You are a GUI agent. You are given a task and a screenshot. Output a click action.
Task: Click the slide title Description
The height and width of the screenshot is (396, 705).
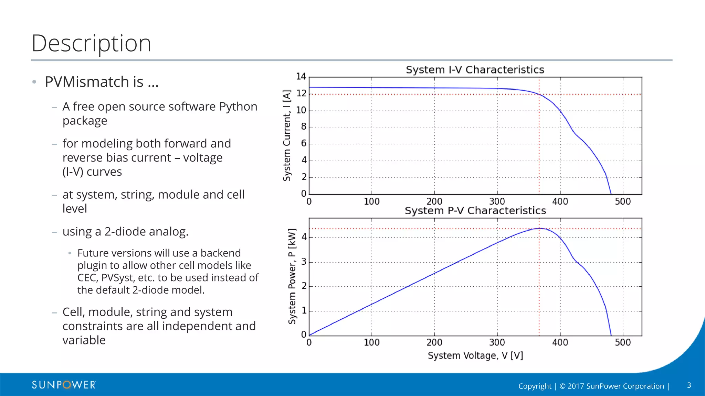point(91,44)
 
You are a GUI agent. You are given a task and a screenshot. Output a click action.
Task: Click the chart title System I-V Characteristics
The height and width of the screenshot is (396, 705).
point(475,70)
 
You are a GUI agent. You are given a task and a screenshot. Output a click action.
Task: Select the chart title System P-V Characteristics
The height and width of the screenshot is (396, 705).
point(475,211)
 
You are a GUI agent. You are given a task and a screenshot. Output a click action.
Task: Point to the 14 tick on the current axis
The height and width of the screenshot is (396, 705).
point(301,76)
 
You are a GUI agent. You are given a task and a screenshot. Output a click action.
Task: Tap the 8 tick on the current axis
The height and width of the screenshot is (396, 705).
point(304,126)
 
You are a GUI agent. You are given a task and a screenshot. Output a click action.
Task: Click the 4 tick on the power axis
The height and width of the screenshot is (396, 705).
point(304,237)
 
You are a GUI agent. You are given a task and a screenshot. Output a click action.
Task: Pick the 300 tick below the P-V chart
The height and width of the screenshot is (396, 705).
point(497,342)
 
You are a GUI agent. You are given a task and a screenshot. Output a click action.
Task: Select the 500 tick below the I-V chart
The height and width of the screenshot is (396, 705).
point(622,201)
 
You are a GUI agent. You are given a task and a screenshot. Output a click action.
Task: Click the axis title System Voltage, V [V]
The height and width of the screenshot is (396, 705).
point(475,355)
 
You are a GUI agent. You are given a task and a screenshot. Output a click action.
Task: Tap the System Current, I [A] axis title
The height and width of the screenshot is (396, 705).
point(287,135)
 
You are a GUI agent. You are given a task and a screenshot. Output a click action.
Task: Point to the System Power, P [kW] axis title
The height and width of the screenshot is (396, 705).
point(292,276)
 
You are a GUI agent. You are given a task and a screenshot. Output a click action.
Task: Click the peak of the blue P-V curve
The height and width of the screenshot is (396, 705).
point(539,228)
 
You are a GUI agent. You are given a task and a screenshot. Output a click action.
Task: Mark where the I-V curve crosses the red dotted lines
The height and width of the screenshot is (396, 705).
point(539,94)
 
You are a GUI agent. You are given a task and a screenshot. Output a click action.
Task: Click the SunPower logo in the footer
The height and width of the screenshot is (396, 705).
point(64,385)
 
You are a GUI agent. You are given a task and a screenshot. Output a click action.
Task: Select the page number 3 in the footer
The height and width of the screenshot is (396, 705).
point(689,385)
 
